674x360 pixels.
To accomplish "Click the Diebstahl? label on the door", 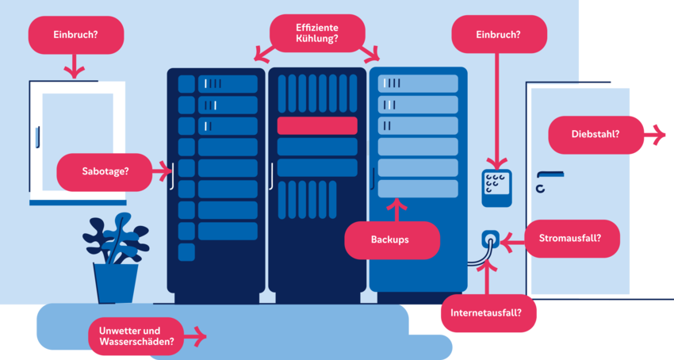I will tap(595, 135).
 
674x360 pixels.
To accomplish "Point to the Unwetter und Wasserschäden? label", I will tap(135, 336).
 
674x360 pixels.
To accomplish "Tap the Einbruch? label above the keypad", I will tap(499, 34).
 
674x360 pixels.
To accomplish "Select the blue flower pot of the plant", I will tap(116, 282).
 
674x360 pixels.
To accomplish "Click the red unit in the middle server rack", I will tap(316, 125).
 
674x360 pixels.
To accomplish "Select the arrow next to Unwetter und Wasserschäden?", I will tap(196, 337).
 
